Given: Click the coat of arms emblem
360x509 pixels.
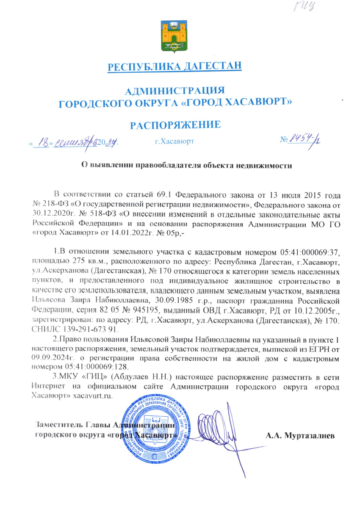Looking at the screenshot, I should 174,36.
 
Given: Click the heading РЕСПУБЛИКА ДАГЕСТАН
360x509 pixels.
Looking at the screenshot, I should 175,66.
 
